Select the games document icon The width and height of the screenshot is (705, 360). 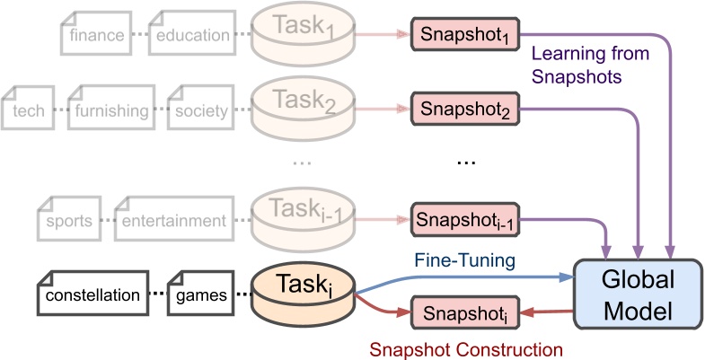tap(202, 294)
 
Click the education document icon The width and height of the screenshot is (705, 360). tap(191, 35)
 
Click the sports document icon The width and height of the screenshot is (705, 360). tap(67, 220)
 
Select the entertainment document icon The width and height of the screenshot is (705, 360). tap(174, 220)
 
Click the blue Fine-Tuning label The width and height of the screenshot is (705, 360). tap(464, 259)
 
